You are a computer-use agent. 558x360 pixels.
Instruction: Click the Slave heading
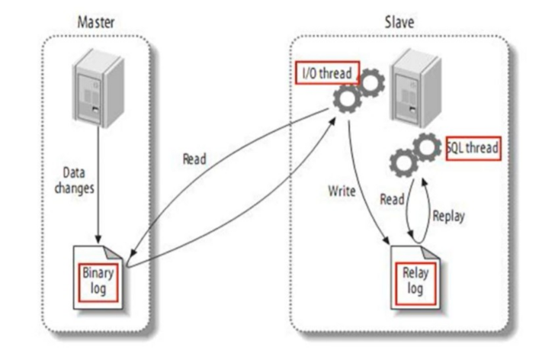(400, 21)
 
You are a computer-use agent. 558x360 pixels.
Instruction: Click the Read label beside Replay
(392, 199)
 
